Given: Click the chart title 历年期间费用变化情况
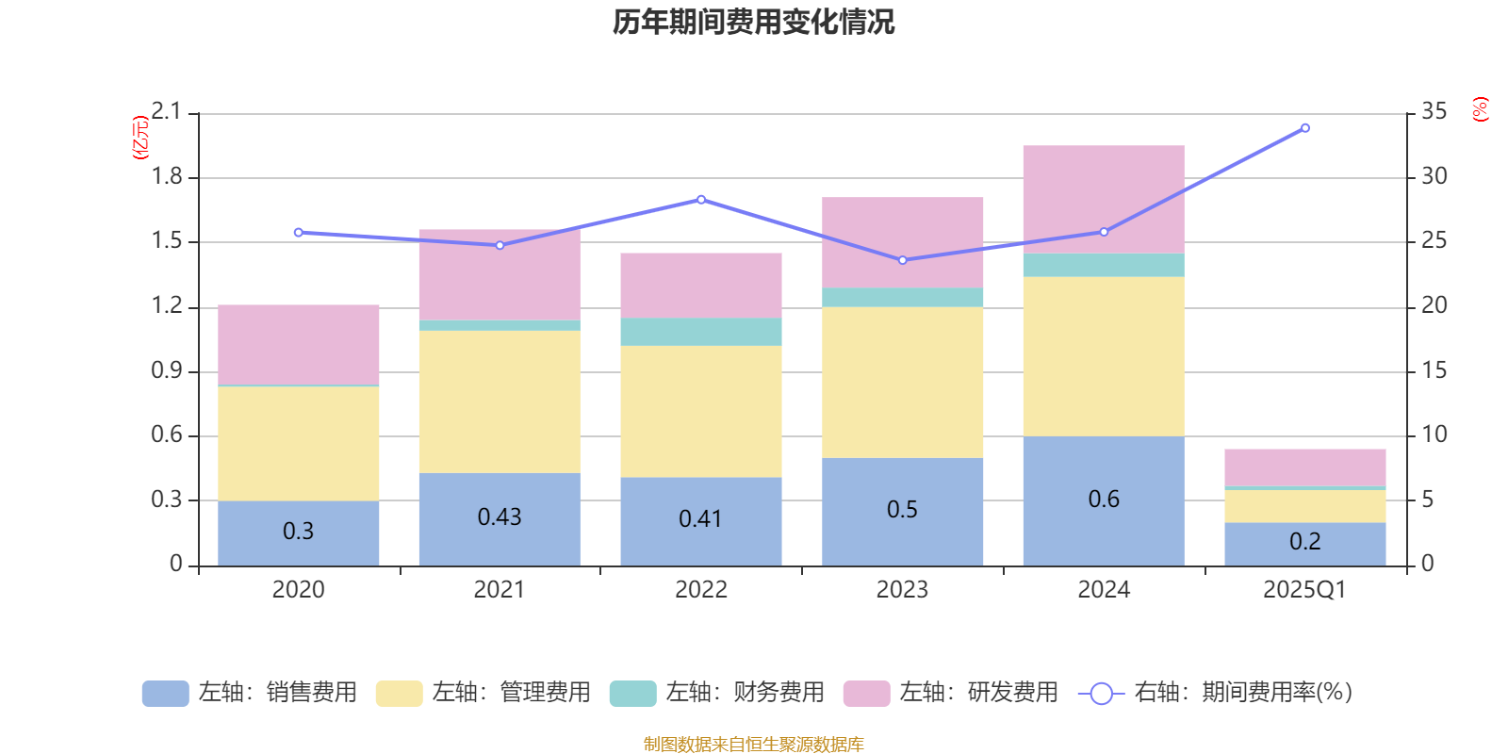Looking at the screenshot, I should pyautogui.click(x=753, y=22).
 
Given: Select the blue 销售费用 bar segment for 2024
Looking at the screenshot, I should pyautogui.click(x=1104, y=500).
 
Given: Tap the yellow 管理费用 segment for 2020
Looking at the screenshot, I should pyautogui.click(x=299, y=443).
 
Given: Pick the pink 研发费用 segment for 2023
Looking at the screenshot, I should pyautogui.click(x=903, y=242).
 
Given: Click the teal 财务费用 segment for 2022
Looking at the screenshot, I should pyautogui.click(x=701, y=332).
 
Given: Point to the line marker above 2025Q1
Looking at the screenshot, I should pyautogui.click(x=1305, y=128).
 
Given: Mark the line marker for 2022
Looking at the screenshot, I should pyautogui.click(x=701, y=200).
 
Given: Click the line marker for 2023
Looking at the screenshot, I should pyautogui.click(x=903, y=260).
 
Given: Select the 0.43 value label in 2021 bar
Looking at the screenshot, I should pyautogui.click(x=500, y=516).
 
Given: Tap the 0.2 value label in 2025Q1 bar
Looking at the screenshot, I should pyautogui.click(x=1305, y=541).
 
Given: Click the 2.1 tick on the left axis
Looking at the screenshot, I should pyautogui.click(x=167, y=111).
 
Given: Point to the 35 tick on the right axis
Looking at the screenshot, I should pyautogui.click(x=1434, y=111).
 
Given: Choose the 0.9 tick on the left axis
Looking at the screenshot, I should pyautogui.click(x=167, y=370).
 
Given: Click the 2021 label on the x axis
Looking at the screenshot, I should pyautogui.click(x=500, y=590).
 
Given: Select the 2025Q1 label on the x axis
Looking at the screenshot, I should pyautogui.click(x=1305, y=590).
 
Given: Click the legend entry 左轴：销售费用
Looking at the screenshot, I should pyautogui.click(x=250, y=693).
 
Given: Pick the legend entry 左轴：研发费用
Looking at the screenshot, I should pyautogui.click(x=951, y=693).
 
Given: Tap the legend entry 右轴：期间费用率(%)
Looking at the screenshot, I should pyautogui.click(x=1216, y=693).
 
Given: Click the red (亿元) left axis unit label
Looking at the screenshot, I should pyautogui.click(x=140, y=138).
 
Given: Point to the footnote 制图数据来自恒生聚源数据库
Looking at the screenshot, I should pyautogui.click(x=753, y=745).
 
